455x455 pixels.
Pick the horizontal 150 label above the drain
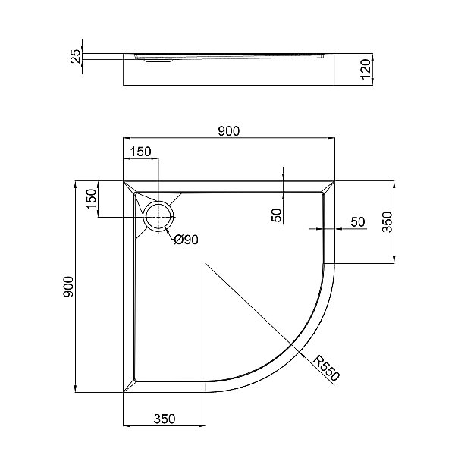140,152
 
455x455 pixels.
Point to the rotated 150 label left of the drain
90,199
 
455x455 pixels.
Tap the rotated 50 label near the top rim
277,215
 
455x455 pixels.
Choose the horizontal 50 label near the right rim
358,221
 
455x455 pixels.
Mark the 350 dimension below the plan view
165,418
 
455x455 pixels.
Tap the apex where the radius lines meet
207,264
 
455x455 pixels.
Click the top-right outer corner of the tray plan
334,181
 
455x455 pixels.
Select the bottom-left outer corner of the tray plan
124,393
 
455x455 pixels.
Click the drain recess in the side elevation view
155,61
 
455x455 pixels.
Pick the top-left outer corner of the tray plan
124,181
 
